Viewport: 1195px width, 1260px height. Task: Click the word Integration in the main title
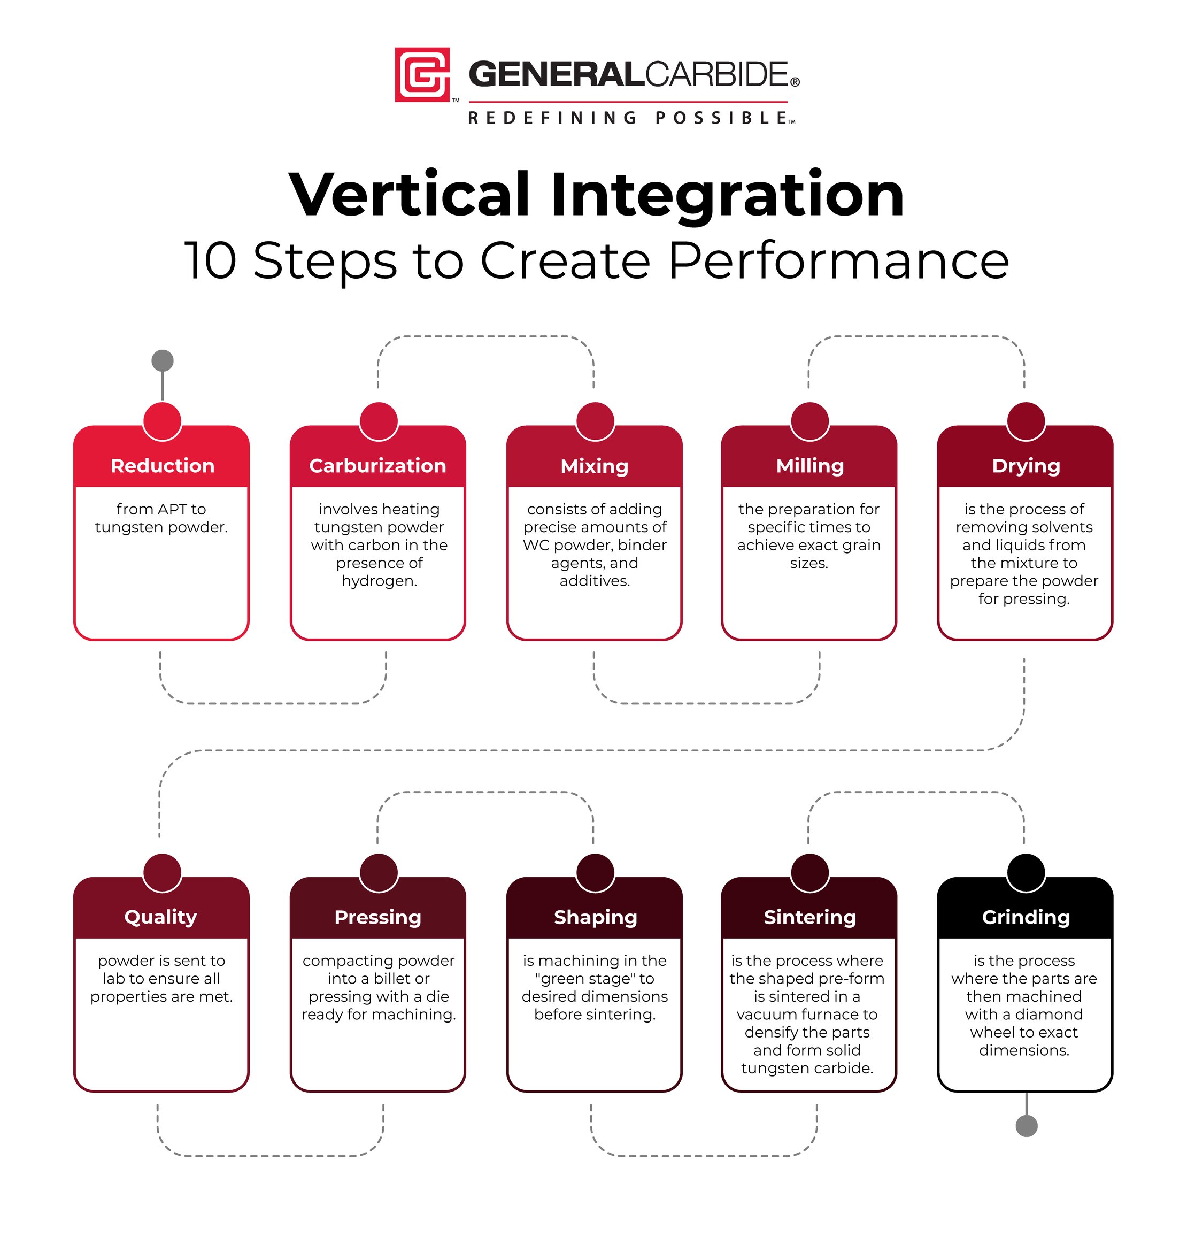coord(728,194)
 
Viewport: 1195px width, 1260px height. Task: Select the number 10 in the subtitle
coord(211,260)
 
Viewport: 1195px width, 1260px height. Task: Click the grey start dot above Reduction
coord(163,360)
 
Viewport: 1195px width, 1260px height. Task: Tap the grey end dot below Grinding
coord(1026,1126)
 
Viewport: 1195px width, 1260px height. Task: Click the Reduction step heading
coord(163,466)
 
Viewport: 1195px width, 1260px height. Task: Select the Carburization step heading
coord(377,466)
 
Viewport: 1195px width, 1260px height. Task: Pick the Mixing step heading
coord(595,466)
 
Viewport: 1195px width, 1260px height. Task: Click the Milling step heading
coord(809,466)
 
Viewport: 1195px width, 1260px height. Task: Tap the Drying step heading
coord(1026,466)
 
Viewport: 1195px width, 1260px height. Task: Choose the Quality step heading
coord(160,917)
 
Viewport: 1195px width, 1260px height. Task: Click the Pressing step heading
coord(377,917)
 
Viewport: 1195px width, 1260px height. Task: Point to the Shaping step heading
coord(595,917)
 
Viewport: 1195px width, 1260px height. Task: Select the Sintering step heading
coord(809,917)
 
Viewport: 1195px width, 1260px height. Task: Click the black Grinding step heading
coord(1026,917)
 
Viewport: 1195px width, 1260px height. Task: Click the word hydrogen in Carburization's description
coord(379,581)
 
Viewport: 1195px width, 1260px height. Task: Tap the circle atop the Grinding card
coord(1026,872)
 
